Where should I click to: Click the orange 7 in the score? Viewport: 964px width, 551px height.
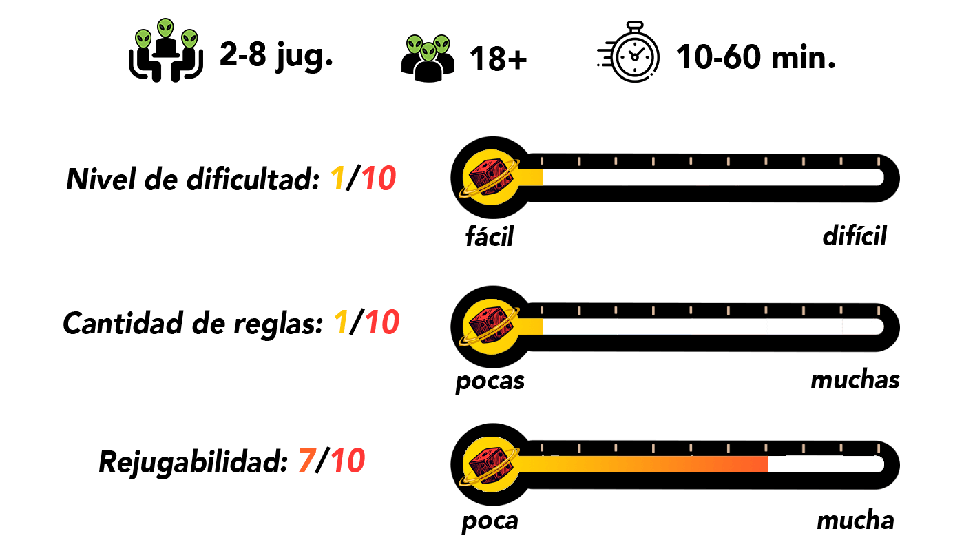tap(307, 461)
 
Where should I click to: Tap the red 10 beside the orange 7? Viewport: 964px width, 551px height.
tap(348, 461)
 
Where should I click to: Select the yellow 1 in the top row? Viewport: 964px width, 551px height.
tap(337, 179)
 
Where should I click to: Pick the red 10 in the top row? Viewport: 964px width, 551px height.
tap(379, 179)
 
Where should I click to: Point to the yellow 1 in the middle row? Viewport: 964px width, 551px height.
tap(341, 322)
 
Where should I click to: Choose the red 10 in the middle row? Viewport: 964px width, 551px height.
tap(382, 322)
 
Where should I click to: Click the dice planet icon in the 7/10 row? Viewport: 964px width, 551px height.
tap(490, 464)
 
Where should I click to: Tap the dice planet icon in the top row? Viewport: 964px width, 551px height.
tap(490, 178)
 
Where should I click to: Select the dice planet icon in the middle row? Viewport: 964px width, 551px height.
tap(490, 326)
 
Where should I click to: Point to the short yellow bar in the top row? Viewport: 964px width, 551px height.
tap(531, 178)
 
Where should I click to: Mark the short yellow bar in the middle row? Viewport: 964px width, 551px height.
tap(531, 326)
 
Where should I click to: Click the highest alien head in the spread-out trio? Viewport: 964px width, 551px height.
tap(165, 28)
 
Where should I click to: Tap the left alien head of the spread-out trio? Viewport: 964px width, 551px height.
tap(143, 39)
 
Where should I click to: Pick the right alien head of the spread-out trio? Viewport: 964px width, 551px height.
tap(189, 39)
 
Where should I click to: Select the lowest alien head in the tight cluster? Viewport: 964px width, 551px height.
tap(428, 52)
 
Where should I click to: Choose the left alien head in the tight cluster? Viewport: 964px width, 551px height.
tap(415, 44)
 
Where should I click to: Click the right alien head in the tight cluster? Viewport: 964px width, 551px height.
tap(441, 44)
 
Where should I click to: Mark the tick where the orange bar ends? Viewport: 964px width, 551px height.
tap(766, 448)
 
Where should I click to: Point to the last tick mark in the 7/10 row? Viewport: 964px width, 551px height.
tap(878, 448)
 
